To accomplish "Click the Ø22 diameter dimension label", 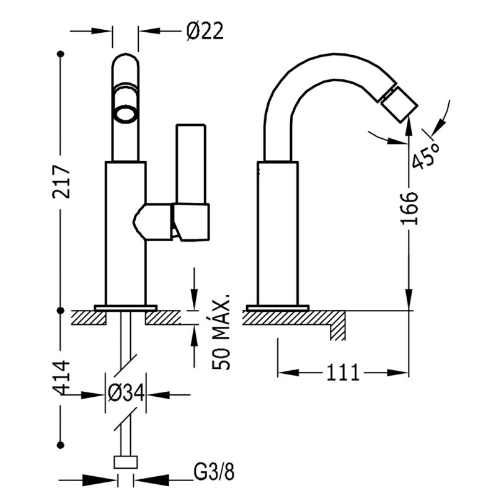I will coord(204,30).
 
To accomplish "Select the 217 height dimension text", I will coord(60,181).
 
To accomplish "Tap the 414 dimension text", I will coord(60,379).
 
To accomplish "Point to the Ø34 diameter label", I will coord(126,393).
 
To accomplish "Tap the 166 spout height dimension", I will coord(410,211).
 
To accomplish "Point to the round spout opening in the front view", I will coord(125,112).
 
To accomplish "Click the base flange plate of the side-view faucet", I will coord(277,308).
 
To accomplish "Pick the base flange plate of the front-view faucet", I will coord(125,308).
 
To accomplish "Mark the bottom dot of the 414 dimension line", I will coord(61,445).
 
